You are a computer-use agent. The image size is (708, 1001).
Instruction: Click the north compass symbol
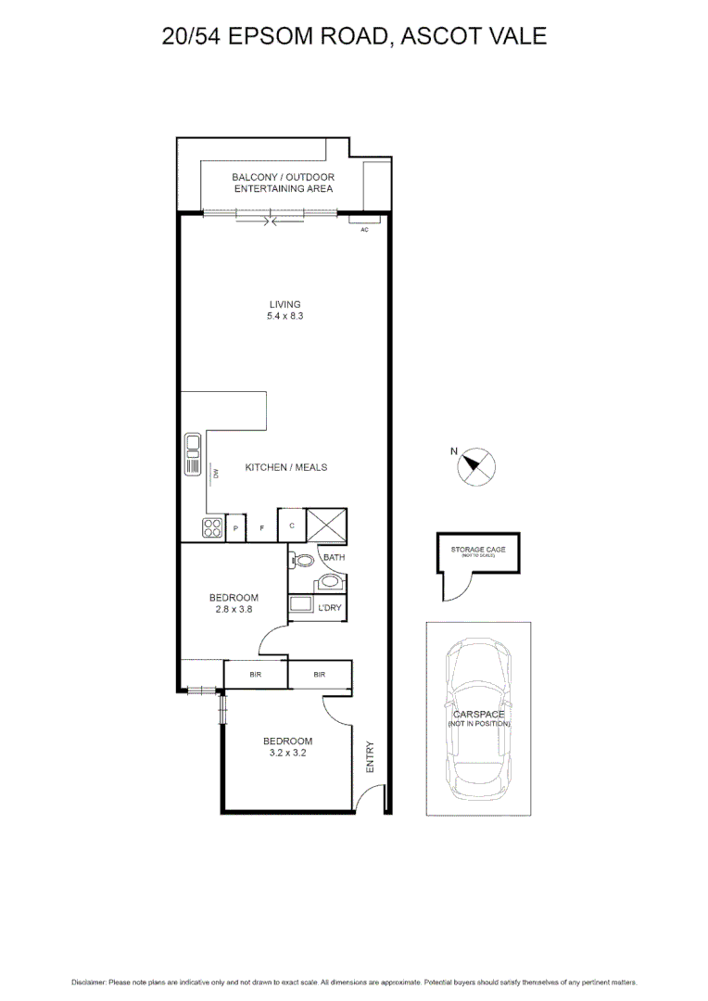pyautogui.click(x=477, y=466)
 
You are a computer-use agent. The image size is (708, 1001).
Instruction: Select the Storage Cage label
pyautogui.click(x=478, y=551)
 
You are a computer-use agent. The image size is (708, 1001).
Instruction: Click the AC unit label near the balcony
pyautogui.click(x=364, y=229)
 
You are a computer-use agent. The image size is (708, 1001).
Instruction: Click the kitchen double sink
pyautogui.click(x=194, y=454)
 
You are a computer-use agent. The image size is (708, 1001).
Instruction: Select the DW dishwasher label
pyautogui.click(x=215, y=474)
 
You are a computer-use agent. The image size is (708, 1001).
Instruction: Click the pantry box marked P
pyautogui.click(x=236, y=528)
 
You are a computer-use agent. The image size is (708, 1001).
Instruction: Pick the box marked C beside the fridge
pyautogui.click(x=292, y=526)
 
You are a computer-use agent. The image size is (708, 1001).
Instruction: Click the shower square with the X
pyautogui.click(x=326, y=526)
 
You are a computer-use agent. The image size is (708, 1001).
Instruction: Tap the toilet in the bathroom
pyautogui.click(x=302, y=559)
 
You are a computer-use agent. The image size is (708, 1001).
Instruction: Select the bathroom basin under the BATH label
pyautogui.click(x=328, y=582)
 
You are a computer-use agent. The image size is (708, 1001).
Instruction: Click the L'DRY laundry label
pyautogui.click(x=329, y=607)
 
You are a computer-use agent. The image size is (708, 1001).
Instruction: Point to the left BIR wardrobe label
pyautogui.click(x=255, y=675)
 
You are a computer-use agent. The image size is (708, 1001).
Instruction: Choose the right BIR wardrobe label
pyautogui.click(x=319, y=675)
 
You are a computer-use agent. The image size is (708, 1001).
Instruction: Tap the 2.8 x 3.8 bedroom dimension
pyautogui.click(x=234, y=610)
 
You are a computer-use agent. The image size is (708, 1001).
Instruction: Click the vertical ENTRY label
pyautogui.click(x=371, y=757)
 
